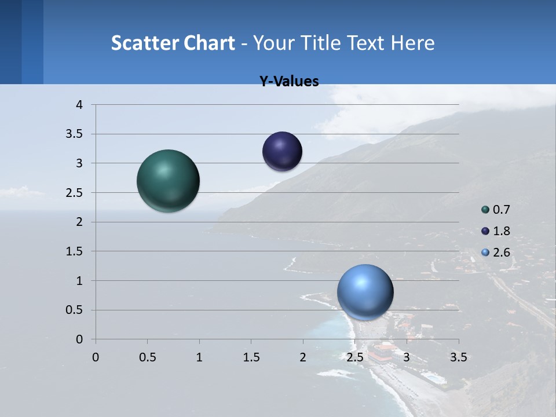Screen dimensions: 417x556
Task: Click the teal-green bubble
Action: point(169,181)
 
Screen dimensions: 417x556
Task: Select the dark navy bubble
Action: point(282,152)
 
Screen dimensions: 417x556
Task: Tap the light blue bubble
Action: point(365,292)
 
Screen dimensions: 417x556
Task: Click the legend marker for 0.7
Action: point(485,210)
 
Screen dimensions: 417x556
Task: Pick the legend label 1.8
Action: point(502,231)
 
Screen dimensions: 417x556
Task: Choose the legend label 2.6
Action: point(502,253)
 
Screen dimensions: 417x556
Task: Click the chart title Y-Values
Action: point(289,82)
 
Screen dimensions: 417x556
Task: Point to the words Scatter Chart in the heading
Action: point(173,43)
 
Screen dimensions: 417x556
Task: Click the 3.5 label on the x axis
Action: point(458,357)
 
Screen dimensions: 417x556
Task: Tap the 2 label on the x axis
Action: point(303,357)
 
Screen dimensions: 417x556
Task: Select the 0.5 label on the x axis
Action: point(147,357)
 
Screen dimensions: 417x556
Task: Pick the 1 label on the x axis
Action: point(199,357)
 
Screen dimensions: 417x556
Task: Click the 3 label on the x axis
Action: point(407,357)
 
